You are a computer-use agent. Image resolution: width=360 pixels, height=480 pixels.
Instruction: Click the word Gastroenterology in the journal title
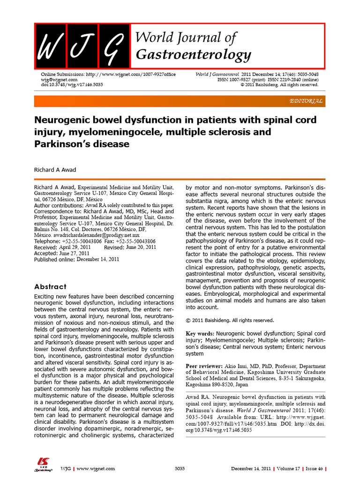pyautogui.click(x=193, y=55)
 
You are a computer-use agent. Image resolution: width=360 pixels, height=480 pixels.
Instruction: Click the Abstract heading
pyautogui.click(x=51, y=286)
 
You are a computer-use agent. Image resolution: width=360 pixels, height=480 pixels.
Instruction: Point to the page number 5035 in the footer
pyautogui.click(x=180, y=469)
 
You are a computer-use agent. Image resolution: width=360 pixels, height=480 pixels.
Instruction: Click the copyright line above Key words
pyautogui.click(x=229, y=321)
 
